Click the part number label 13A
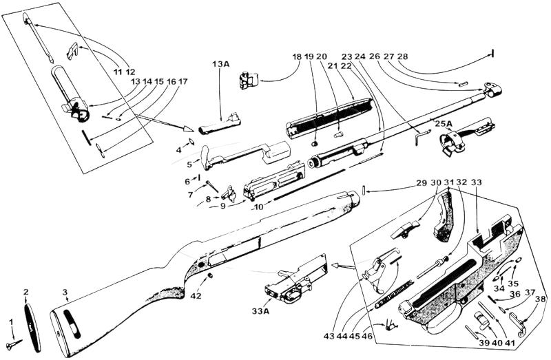[220, 63]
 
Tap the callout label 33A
[260, 311]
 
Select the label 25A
[443, 124]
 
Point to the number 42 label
[196, 296]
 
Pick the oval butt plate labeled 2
[32, 328]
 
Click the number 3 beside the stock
[65, 292]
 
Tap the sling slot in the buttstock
[72, 324]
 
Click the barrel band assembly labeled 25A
[466, 137]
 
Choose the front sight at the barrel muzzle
[492, 89]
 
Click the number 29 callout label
[422, 183]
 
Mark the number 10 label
[258, 207]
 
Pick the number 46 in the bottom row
[367, 336]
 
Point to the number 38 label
[541, 299]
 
